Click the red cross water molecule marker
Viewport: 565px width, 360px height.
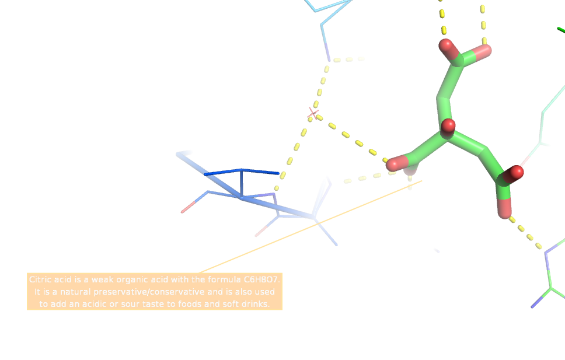(x=313, y=113)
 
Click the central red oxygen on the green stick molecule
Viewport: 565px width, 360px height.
(x=448, y=126)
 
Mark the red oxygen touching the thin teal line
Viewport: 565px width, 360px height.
(x=517, y=172)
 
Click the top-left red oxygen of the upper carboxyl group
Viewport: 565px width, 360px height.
(x=447, y=46)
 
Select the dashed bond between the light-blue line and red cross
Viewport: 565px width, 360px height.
(x=320, y=88)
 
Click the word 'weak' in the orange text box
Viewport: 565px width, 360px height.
(x=104, y=280)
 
